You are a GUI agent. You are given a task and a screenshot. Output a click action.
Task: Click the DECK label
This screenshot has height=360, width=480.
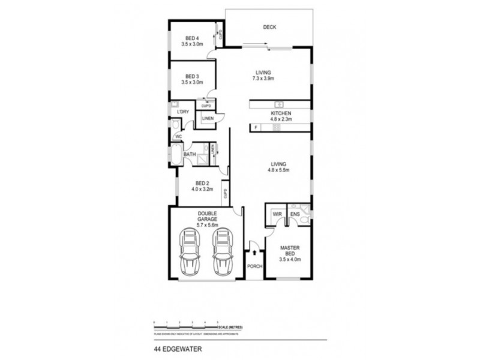pos(269,27)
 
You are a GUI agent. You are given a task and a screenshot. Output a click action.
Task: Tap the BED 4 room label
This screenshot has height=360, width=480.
pos(193,37)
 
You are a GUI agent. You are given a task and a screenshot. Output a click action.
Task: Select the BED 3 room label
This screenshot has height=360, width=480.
pos(193,76)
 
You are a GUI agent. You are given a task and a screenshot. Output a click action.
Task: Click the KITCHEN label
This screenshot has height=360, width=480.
pos(280,113)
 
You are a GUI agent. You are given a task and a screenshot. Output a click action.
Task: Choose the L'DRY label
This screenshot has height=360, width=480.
pos(183,112)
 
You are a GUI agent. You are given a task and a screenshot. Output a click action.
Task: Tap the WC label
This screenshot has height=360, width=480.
pos(179,137)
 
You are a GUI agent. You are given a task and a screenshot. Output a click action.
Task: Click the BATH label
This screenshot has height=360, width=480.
pos(190,154)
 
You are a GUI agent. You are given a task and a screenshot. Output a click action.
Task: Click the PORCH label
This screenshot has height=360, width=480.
pos(255,266)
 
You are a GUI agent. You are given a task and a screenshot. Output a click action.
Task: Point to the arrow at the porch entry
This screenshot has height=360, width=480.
pos(254,253)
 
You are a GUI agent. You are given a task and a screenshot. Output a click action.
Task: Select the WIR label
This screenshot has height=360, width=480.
pos(277,214)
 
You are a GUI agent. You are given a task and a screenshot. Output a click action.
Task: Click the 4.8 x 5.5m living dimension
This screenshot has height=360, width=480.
pos(278,170)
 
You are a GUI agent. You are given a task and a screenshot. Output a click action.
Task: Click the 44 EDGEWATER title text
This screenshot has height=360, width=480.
pos(176,346)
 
